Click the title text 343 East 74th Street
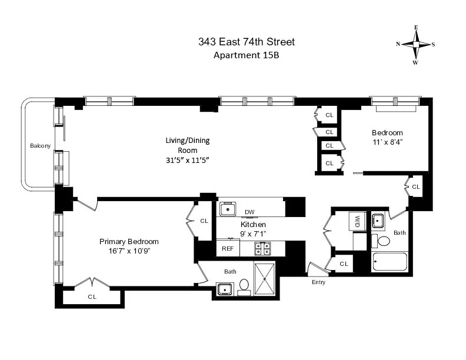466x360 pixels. (246, 42)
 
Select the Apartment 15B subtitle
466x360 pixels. (246, 56)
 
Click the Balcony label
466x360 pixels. (41, 145)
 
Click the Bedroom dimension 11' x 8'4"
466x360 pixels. (387, 142)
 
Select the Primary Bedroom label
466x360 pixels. (129, 242)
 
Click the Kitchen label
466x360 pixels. (253, 225)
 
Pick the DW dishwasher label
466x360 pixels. (249, 212)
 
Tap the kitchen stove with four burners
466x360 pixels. (262, 249)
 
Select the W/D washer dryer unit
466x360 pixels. (358, 221)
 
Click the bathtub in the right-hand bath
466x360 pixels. (390, 262)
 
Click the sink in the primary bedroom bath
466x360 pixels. (224, 288)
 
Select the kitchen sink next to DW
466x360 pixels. (228, 209)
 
